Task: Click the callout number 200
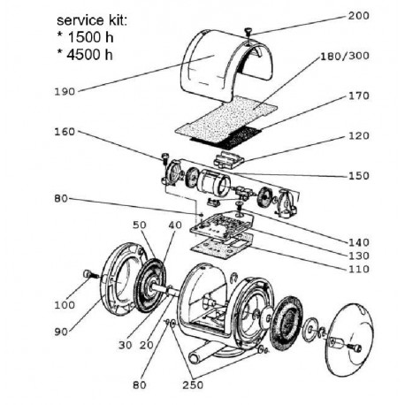pos(358,16)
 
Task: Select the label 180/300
pos(345,56)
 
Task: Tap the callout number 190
pos(65,91)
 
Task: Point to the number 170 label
pos(359,96)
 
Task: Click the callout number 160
pos(65,132)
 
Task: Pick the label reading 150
pos(359,176)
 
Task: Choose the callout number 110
pos(359,269)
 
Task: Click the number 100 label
pos(65,305)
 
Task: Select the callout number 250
pos(193,385)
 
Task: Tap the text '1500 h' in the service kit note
pos(90,37)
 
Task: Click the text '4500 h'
pos(90,55)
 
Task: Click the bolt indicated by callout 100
pos(91,275)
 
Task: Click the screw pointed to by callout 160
pos(164,157)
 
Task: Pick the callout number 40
pos(175,225)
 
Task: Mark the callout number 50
pos(140,225)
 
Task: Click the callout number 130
pos(359,256)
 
